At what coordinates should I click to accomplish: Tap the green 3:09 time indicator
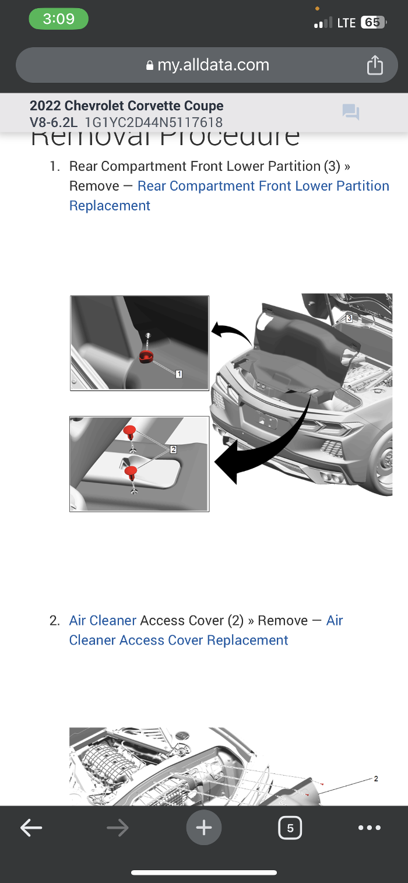coord(58,19)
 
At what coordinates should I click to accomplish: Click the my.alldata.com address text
coord(213,65)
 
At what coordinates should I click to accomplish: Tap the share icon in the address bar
coord(375,65)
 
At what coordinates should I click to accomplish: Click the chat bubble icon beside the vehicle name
coord(351,112)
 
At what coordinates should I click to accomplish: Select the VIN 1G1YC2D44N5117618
coord(154,122)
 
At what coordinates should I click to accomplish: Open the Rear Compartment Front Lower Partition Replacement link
coord(263,187)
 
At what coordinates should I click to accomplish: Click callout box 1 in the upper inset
coord(179,374)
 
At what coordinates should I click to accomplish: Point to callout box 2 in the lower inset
coord(173,449)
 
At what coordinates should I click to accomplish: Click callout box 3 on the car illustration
coord(349,318)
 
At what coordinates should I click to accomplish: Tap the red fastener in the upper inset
coord(146,356)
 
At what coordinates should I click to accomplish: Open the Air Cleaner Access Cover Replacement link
coord(178,640)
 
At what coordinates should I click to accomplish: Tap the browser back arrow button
coord(31,828)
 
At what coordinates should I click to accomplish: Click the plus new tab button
coord(204,828)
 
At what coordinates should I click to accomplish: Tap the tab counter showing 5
coord(290,828)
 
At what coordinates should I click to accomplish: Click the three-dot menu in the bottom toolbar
coord(370,828)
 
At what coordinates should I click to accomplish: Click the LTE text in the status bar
coord(346,23)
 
